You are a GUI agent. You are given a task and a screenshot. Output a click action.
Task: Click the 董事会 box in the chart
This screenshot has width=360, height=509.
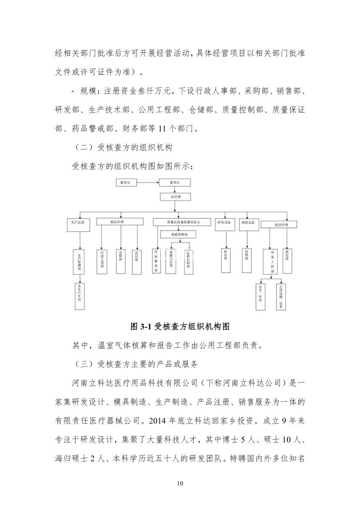click(126, 183)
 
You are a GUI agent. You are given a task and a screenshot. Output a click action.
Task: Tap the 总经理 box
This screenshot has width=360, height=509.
click(175, 197)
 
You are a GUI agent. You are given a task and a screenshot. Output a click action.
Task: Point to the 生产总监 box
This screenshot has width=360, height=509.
click(78, 222)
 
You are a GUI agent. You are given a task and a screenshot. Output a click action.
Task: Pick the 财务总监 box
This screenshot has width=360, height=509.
click(224, 222)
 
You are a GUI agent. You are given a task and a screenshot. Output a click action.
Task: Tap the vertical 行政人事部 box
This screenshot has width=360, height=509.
click(102, 261)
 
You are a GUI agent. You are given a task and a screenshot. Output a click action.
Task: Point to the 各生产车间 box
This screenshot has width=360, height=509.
click(79, 296)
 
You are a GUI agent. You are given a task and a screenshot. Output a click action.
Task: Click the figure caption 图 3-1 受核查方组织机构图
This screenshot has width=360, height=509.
click(180, 326)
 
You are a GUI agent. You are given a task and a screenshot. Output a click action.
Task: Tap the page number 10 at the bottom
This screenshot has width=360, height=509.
click(180, 484)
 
